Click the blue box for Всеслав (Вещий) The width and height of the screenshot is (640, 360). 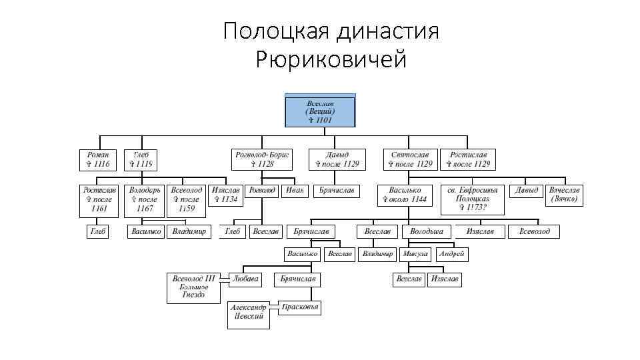[320, 111]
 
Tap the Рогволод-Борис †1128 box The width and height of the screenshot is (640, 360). [262, 159]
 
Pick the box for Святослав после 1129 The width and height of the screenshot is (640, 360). [410, 159]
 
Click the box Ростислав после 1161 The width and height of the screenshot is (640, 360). [99, 199]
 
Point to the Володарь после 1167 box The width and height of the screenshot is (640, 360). [145, 199]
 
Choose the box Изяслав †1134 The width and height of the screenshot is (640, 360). [225, 195]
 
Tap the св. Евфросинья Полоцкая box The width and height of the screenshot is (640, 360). [472, 199]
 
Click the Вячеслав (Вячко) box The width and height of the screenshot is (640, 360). [564, 195]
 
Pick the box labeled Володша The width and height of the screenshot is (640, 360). [427, 231]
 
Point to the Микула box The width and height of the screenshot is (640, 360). [415, 254]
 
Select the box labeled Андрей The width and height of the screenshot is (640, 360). [451, 254]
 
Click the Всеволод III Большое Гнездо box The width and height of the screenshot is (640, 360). [193, 286]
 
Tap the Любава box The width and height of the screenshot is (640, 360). [245, 279]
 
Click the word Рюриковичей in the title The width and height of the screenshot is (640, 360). [331, 61]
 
